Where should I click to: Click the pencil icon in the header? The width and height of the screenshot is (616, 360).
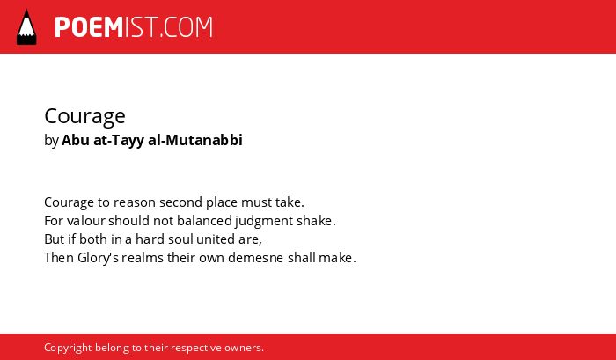coord(26,27)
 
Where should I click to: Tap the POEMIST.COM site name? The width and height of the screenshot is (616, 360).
coord(134,27)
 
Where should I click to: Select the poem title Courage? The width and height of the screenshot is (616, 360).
coord(84,116)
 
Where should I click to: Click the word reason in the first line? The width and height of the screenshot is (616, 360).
coord(135,202)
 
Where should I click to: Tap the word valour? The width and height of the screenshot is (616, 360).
coord(86,221)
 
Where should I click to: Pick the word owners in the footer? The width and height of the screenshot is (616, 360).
coord(243,349)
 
